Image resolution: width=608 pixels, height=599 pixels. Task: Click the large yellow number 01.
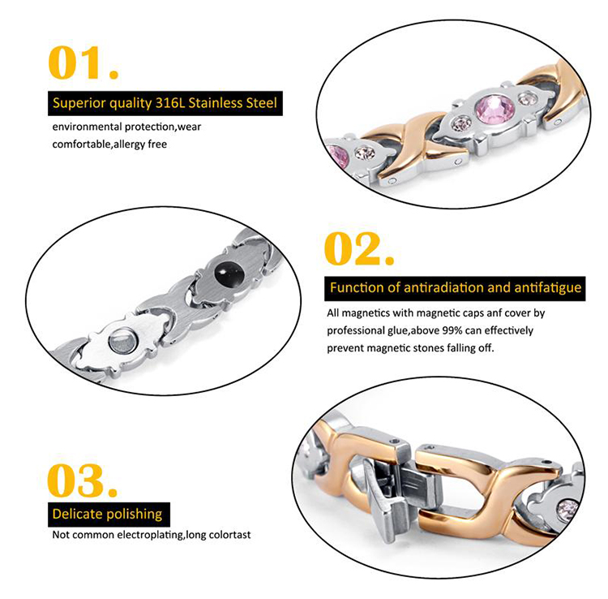tap(83, 62)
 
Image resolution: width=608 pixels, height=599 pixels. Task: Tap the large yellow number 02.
tap(359, 248)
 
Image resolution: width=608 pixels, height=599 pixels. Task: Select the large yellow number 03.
tap(82, 480)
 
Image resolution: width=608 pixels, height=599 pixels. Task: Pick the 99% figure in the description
tap(452, 330)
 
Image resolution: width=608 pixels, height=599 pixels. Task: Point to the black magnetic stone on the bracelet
tap(229, 274)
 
